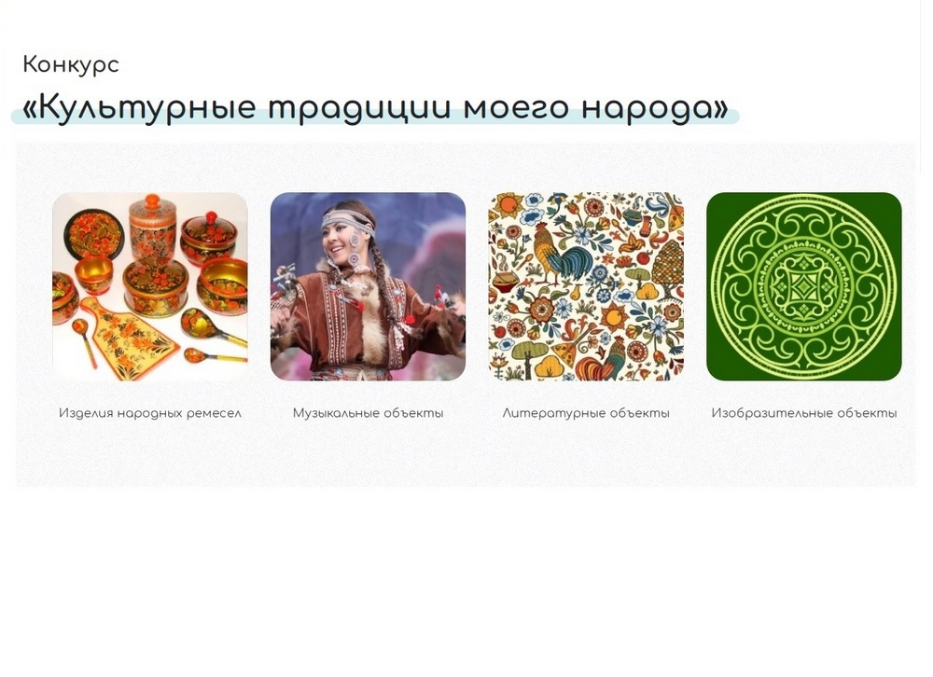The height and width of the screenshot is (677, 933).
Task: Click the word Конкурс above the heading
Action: (x=71, y=65)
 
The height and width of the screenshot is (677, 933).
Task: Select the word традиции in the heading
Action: (x=359, y=107)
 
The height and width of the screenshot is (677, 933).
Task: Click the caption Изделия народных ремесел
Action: (x=150, y=413)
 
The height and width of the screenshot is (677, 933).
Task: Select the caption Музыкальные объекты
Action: (x=368, y=413)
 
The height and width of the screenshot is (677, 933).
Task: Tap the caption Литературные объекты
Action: (x=586, y=413)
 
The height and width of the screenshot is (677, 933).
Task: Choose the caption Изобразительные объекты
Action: (x=804, y=413)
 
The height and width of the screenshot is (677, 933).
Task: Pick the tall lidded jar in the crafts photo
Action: (x=152, y=228)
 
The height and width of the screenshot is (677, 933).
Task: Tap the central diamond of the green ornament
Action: (x=804, y=286)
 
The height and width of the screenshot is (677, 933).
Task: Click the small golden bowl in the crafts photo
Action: (x=93, y=274)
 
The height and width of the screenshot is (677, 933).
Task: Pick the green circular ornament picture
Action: (x=804, y=286)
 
